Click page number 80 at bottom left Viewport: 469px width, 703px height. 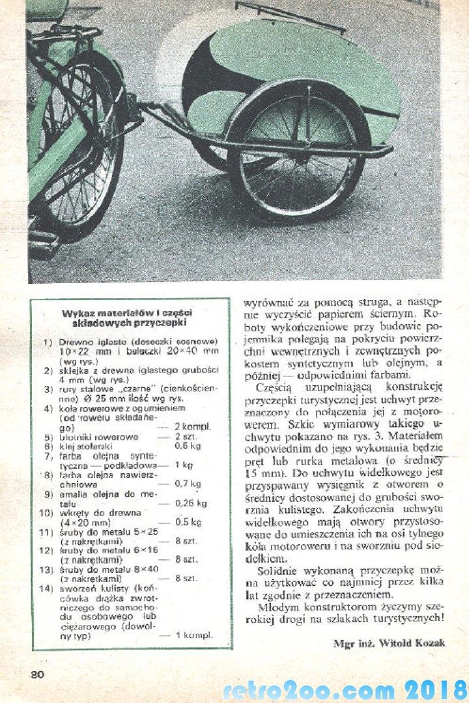[36, 674]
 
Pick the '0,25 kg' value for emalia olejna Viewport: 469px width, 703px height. [191, 503]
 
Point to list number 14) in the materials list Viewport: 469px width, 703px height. [46, 590]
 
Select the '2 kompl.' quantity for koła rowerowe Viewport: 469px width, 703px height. [191, 426]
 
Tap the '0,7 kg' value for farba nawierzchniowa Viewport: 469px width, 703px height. [188, 484]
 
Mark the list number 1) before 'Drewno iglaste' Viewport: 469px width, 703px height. [48, 342]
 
